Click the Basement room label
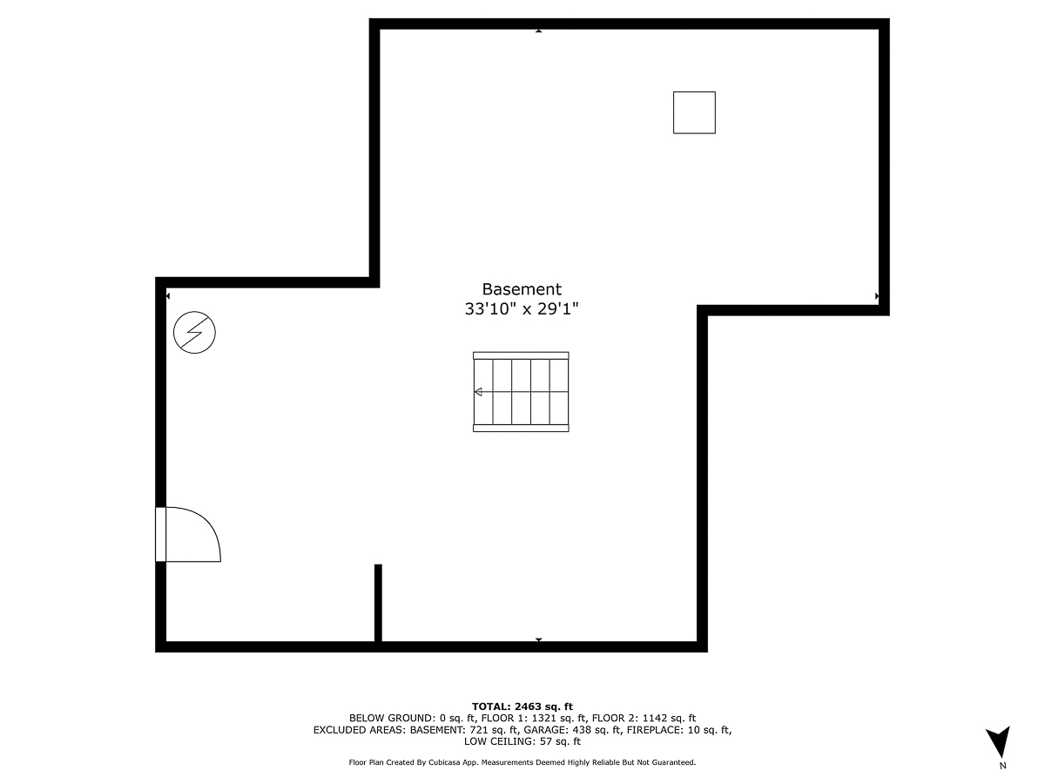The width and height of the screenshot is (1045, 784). pyautogui.click(x=522, y=289)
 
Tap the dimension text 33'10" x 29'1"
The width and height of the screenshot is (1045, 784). pyautogui.click(x=522, y=309)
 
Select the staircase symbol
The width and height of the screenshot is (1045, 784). pyautogui.click(x=521, y=392)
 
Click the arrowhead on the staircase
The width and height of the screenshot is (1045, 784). pyautogui.click(x=478, y=392)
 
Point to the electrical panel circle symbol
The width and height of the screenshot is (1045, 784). pyautogui.click(x=194, y=332)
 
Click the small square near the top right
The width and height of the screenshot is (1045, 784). pyautogui.click(x=694, y=113)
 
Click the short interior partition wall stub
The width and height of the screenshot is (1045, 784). pyautogui.click(x=378, y=603)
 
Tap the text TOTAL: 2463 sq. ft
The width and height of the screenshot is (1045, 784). pyautogui.click(x=522, y=706)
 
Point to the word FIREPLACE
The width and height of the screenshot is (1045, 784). pyautogui.click(x=656, y=730)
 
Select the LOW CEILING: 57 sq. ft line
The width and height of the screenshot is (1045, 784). pyautogui.click(x=522, y=741)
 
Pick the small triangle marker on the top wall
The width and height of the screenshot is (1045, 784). pyautogui.click(x=538, y=31)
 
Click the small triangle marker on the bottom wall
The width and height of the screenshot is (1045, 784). pyautogui.click(x=538, y=639)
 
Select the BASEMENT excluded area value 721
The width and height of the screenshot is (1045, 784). pyautogui.click(x=478, y=730)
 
